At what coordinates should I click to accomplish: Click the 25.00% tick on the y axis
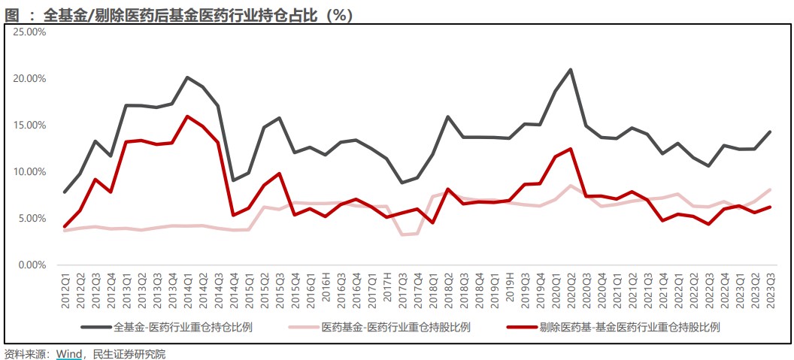click(x=30, y=32)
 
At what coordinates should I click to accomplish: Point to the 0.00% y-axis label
click(x=32, y=265)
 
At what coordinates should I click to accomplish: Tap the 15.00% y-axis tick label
click(x=30, y=126)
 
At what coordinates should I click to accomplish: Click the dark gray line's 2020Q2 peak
click(x=571, y=69)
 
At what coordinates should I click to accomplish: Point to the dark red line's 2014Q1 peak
click(x=187, y=116)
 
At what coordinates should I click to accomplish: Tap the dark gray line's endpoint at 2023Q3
click(x=770, y=132)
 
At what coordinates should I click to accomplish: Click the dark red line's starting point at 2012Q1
click(x=65, y=227)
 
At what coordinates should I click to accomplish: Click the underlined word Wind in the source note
click(x=68, y=353)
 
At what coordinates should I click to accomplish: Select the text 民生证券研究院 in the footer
click(x=129, y=353)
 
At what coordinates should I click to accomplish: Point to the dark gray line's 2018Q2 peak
click(x=448, y=116)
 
